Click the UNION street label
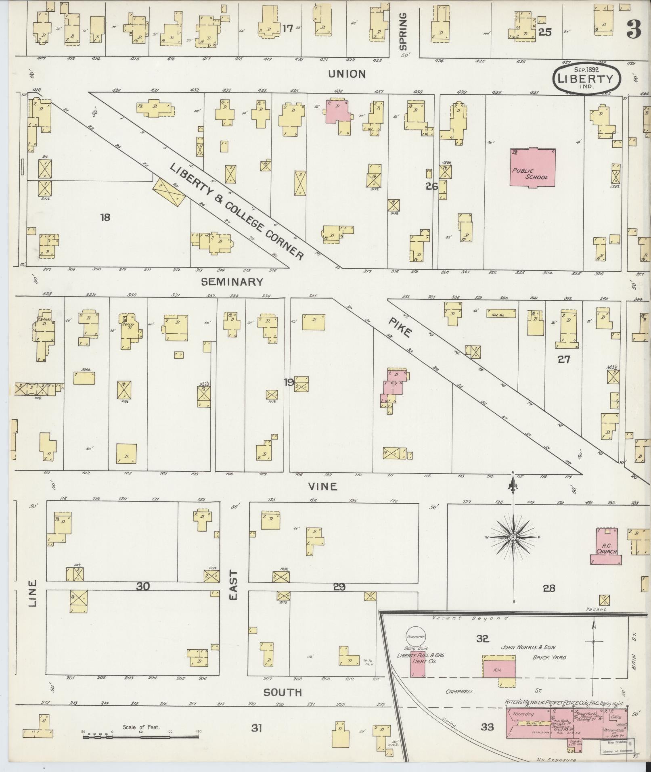coord(347,74)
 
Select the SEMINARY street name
coord(232,282)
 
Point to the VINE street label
coord(322,487)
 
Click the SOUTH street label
coord(283,692)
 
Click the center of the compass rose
coord(513,538)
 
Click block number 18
coord(105,218)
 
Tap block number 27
coord(563,359)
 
